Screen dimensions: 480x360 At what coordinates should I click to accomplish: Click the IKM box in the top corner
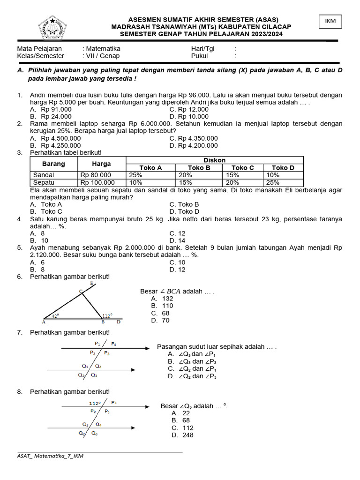(330, 22)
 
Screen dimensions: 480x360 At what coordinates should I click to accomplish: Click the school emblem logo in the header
(56, 28)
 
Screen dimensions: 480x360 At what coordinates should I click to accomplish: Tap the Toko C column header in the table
(243, 168)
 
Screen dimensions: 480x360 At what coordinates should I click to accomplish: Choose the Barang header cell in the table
(53, 164)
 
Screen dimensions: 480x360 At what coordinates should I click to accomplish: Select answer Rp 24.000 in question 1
(56, 116)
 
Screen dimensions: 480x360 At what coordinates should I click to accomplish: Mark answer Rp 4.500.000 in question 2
(60, 138)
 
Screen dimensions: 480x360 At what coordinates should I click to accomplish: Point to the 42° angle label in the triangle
(55, 316)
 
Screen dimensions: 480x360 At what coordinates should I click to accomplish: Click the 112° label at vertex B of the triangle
(107, 316)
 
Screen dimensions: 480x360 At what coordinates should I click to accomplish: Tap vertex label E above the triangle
(91, 284)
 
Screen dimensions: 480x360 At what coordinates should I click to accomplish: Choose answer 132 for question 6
(167, 299)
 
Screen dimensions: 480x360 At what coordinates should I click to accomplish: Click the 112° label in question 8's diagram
(95, 403)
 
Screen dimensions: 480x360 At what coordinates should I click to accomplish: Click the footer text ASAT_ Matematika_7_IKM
(50, 456)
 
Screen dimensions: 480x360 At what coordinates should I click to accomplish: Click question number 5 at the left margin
(20, 248)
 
